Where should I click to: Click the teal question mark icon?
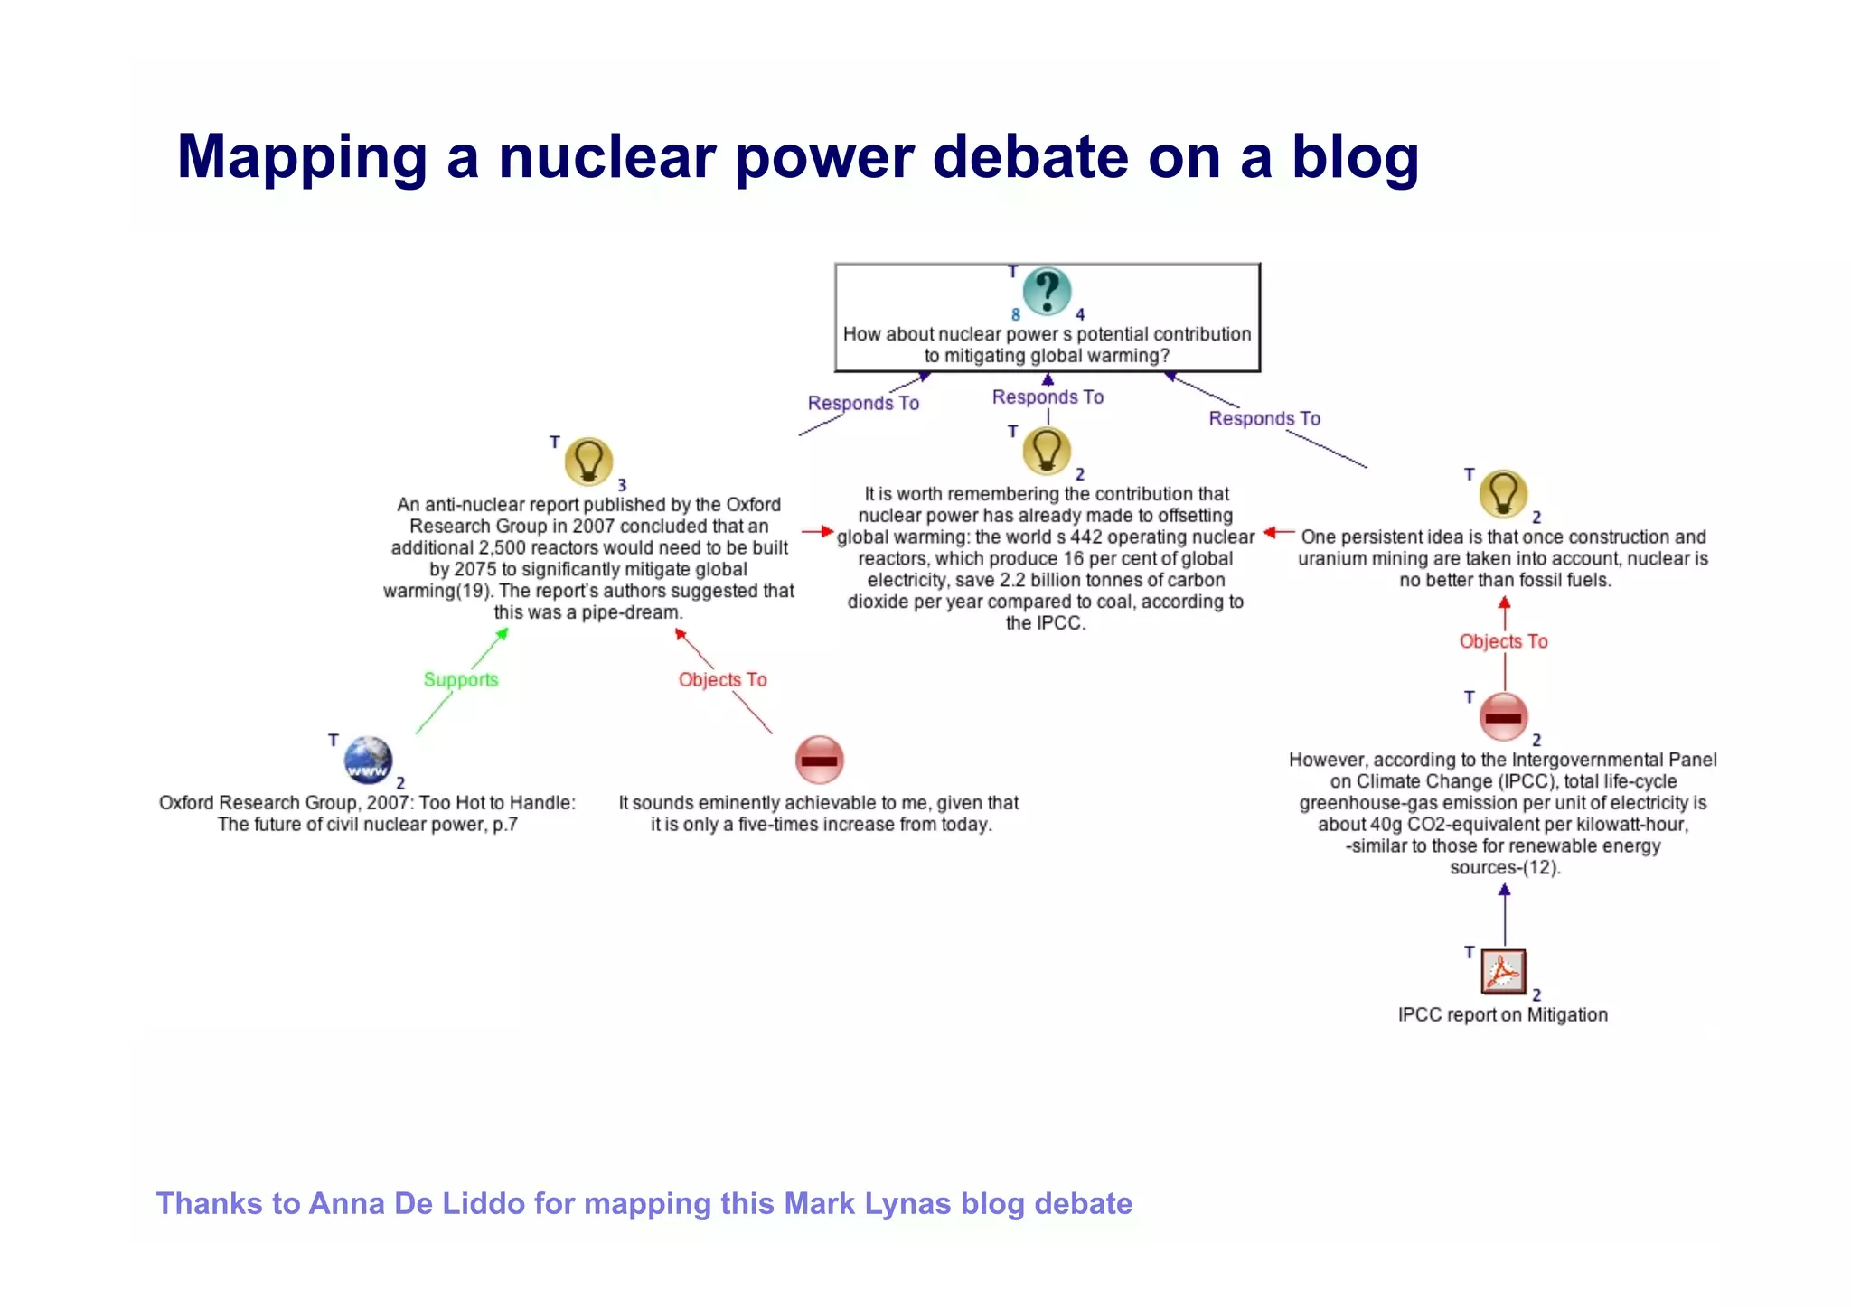click(1047, 291)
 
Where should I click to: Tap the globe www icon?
click(368, 760)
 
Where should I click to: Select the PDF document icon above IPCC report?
click(1503, 972)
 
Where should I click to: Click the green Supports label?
click(461, 679)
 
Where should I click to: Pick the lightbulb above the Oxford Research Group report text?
click(588, 462)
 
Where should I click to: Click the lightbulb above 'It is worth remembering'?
click(1047, 451)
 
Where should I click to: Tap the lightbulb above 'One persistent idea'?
click(1503, 493)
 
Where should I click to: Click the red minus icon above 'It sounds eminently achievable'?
click(819, 760)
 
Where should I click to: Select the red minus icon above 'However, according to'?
click(1503, 717)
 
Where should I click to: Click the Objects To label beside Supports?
click(722, 679)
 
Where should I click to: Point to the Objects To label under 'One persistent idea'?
click(1503, 641)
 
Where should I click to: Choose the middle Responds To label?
click(1048, 397)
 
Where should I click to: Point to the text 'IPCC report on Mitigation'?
click(1502, 1015)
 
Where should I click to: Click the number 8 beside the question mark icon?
click(1015, 315)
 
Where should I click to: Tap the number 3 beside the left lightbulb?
click(622, 486)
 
